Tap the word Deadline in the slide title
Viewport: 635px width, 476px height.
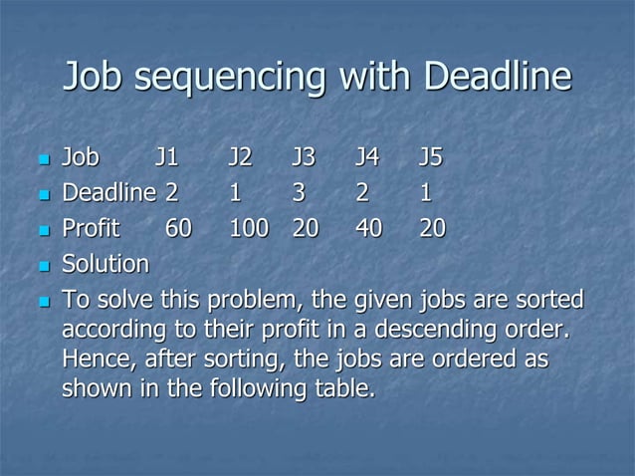point(497,77)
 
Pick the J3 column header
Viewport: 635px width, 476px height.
point(304,157)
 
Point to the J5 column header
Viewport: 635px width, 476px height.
point(431,157)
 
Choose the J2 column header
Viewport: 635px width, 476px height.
point(240,157)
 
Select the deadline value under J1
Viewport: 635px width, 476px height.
point(171,192)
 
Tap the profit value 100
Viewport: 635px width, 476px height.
point(249,228)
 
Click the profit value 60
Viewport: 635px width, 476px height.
point(179,228)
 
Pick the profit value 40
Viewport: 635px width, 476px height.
point(370,228)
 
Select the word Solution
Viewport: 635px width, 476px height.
point(106,264)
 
